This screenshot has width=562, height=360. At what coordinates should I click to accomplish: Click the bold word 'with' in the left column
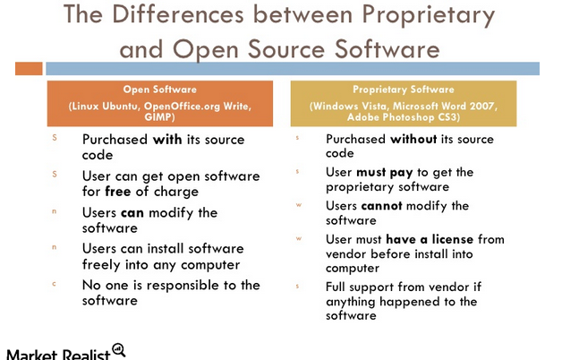(169, 140)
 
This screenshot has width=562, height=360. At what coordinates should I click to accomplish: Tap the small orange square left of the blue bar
(29, 67)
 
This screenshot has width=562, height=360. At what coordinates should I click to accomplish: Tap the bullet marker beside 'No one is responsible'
(55, 284)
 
